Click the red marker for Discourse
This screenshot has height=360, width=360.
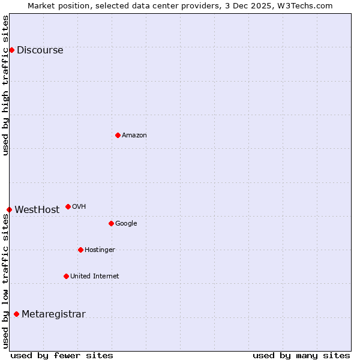coord(11,50)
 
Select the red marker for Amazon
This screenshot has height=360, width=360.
coord(118,135)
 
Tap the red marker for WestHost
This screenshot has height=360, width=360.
coord(9,209)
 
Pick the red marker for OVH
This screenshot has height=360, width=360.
coord(68,206)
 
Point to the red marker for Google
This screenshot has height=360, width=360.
coord(111,223)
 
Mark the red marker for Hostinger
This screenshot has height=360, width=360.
coord(80,250)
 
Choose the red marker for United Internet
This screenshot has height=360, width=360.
coord(66,276)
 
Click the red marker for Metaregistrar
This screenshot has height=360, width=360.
coord(16,314)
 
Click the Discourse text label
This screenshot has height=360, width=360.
coord(40,50)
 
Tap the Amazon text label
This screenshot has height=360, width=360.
coord(134,136)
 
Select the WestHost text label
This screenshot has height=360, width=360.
coord(37,210)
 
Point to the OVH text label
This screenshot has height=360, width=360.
coord(79,207)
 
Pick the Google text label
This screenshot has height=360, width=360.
coord(126,224)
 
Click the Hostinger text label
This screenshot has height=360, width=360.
coord(100,250)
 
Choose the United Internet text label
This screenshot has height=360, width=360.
coord(94,277)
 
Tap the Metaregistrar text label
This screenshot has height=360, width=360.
coord(53,314)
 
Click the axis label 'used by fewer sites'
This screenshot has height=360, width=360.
coord(62,355)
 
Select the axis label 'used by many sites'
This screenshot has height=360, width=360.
coord(301,355)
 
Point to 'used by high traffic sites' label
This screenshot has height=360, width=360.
coord(5,85)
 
